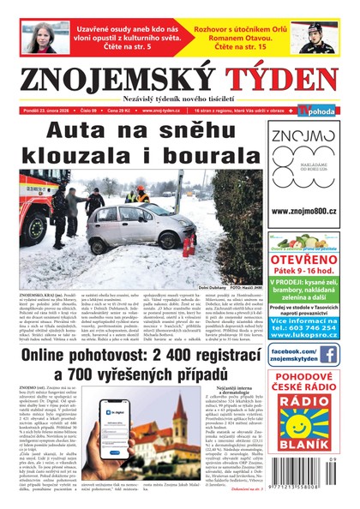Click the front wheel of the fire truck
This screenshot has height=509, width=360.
point(36,231)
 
